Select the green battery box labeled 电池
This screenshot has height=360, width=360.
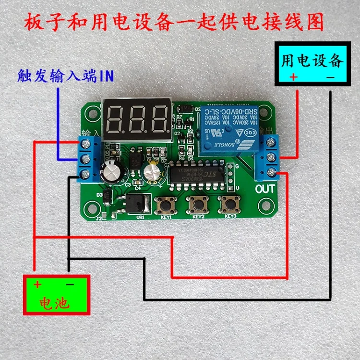(57, 294)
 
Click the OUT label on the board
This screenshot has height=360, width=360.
(265, 188)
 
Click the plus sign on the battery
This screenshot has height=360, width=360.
(37, 284)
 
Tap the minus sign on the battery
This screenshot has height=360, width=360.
(69, 284)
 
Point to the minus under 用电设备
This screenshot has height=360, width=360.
(330, 77)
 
